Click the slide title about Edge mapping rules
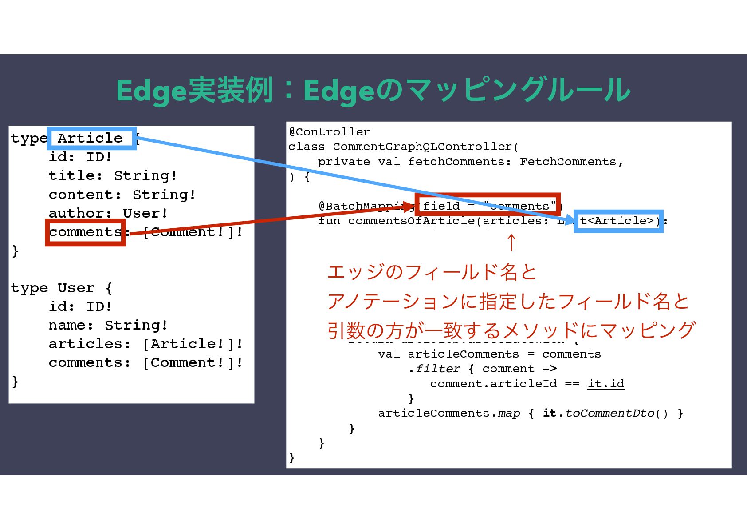click(373, 90)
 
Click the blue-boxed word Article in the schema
click(90, 138)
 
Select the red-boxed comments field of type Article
click(85, 232)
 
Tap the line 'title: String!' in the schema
click(113, 175)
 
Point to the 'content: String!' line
click(122, 195)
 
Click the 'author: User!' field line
click(108, 213)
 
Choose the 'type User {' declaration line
click(62, 288)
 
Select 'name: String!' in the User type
click(108, 325)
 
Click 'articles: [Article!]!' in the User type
click(145, 344)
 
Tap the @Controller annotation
click(329, 132)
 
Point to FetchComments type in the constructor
click(568, 162)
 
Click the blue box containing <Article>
click(618, 221)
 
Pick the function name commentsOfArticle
click(411, 221)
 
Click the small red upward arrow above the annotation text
click(511, 243)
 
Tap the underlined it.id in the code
click(605, 384)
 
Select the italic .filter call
click(435, 369)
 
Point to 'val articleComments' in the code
click(448, 354)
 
